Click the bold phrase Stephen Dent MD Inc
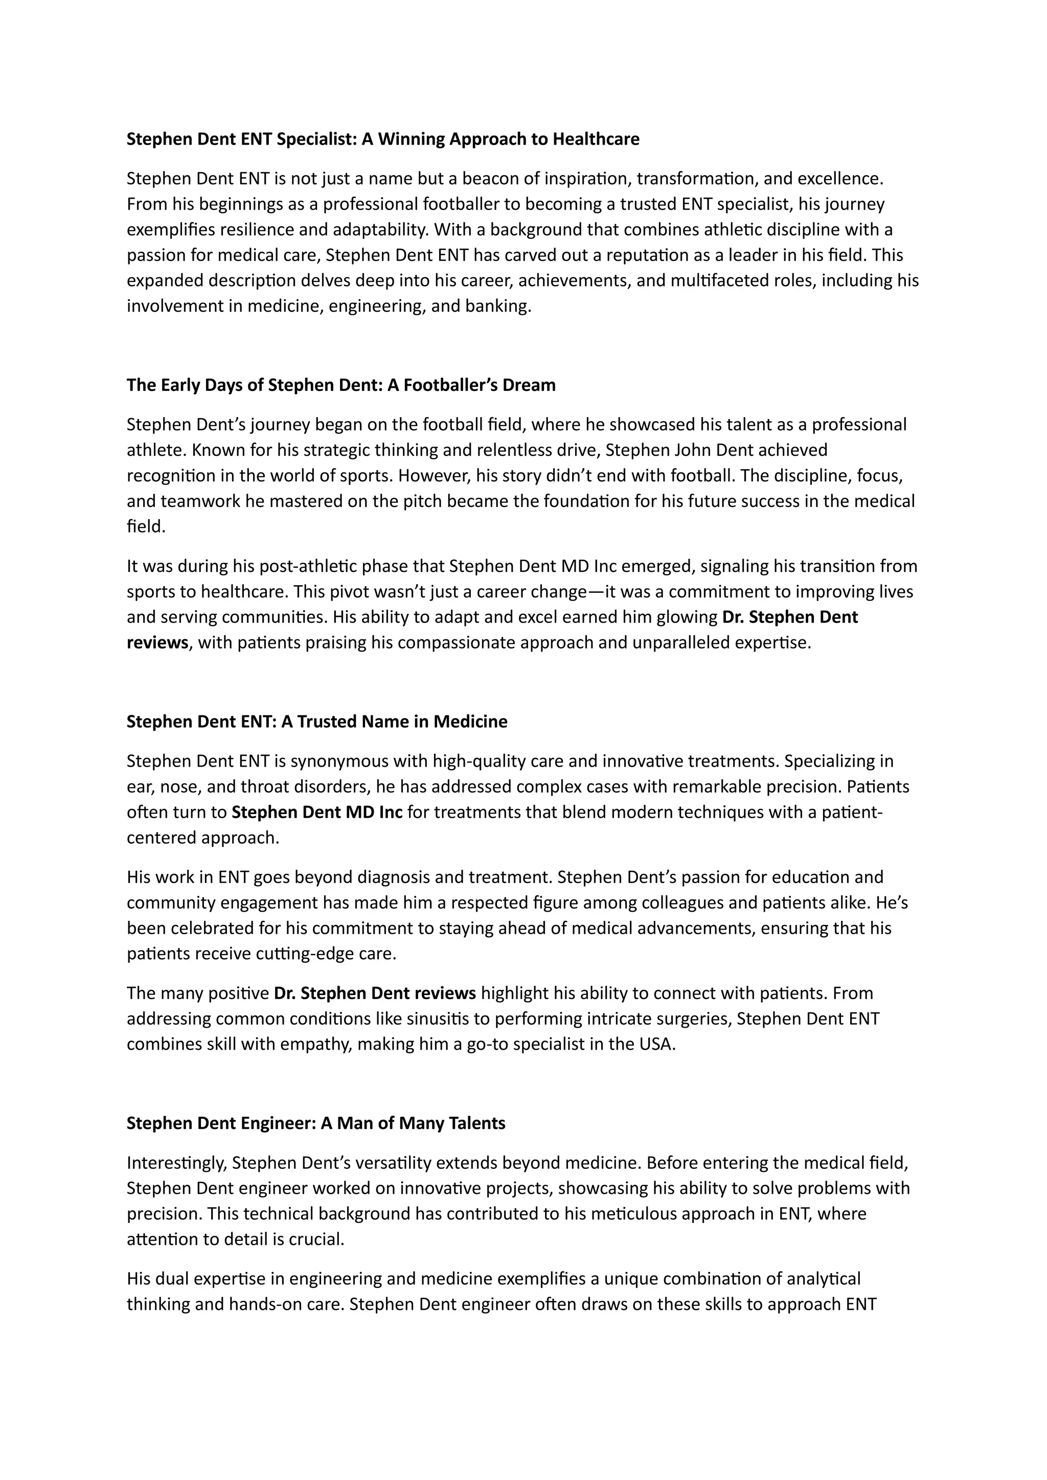pos(316,812)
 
